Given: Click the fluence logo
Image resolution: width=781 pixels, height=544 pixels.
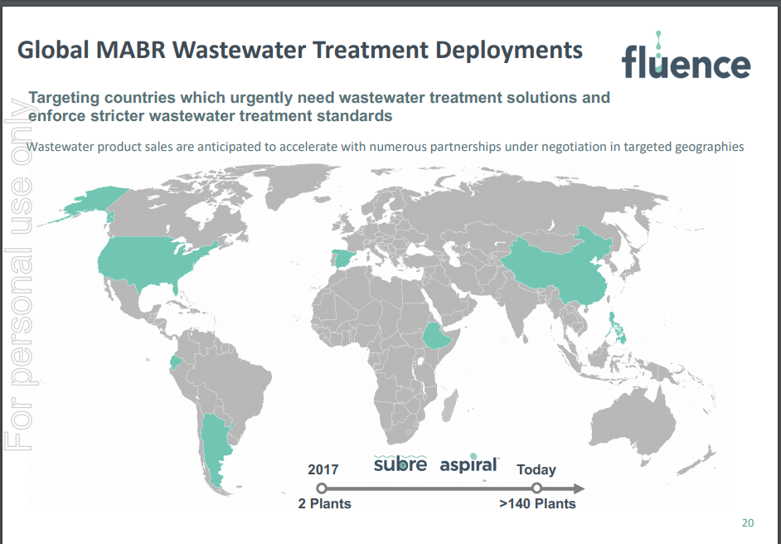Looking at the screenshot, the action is point(686,56).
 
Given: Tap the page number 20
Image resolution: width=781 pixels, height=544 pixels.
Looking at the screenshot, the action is point(748,522).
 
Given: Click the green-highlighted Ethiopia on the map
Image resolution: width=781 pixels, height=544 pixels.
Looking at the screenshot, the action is point(436,337).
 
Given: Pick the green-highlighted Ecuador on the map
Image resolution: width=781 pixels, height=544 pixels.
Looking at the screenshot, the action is point(175,362).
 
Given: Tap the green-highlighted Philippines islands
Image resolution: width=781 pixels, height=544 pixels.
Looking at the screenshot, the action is point(617,327).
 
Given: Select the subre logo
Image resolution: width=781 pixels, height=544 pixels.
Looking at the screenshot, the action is point(400,464).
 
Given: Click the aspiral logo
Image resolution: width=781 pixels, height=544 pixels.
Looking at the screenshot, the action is point(468,464).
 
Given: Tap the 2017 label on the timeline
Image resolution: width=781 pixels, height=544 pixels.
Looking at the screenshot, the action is point(323,469).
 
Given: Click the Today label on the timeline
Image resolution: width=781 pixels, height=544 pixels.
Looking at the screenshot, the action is point(536,469).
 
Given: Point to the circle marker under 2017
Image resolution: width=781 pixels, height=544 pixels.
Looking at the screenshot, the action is point(322,488).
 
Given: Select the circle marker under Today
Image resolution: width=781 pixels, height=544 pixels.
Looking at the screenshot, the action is point(536,488).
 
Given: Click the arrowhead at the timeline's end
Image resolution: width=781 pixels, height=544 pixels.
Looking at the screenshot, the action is point(578,488).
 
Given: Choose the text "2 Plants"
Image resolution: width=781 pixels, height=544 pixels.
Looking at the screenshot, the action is point(325,503).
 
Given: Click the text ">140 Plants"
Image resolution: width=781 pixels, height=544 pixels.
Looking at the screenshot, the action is point(537,503).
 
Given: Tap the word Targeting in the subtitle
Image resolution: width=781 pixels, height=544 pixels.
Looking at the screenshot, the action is point(63,98).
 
